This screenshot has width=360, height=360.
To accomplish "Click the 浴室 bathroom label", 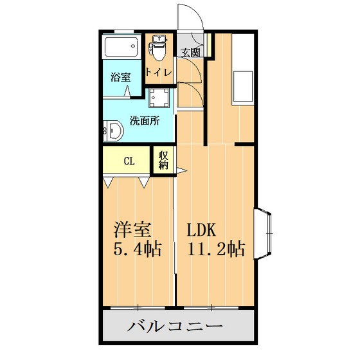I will (120, 77).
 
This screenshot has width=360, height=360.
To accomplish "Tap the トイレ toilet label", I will (158, 73).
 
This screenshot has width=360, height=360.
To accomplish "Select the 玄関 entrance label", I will (190, 53).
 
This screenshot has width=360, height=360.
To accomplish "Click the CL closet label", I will (129, 161).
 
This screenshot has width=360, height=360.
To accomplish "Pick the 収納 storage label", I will (163, 160).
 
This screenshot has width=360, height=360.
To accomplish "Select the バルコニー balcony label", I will (175, 327).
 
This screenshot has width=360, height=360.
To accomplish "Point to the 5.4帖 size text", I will (138, 249).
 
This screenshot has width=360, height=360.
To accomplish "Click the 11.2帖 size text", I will (215, 249).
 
